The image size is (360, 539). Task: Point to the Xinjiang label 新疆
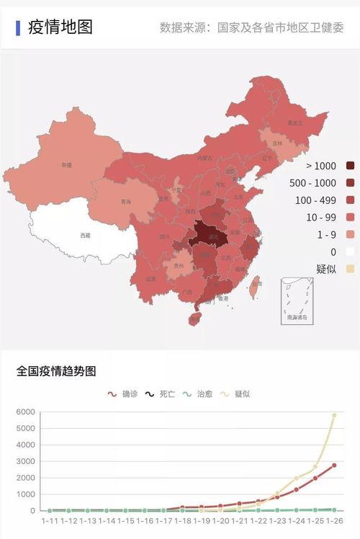pyautogui.click(x=66, y=165)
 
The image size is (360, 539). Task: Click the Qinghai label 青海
pyautogui.click(x=126, y=202)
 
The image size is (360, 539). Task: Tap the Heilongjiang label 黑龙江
pyautogui.click(x=294, y=123)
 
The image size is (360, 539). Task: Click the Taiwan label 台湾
pyautogui.click(x=256, y=284)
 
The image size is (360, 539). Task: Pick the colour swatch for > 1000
pyautogui.click(x=351, y=166)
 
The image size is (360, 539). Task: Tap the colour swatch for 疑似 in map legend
pyautogui.click(x=351, y=269)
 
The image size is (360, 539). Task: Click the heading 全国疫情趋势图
pyautogui.click(x=56, y=372)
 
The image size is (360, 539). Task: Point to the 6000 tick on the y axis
pyautogui.click(x=25, y=412)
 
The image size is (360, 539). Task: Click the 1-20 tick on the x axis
pyautogui.click(x=220, y=520)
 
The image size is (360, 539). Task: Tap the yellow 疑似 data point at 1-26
pyautogui.click(x=334, y=415)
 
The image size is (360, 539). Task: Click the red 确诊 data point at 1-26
pyautogui.click(x=334, y=465)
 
